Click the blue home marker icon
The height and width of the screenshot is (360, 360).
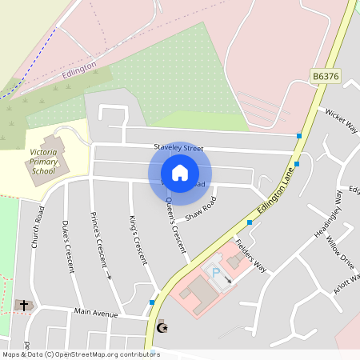(x=180, y=173)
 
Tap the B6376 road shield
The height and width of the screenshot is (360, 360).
(x=326, y=76)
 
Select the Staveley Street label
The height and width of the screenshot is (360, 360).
(x=179, y=148)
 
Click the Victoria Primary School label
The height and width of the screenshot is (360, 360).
(x=44, y=161)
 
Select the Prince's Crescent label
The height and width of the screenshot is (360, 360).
(x=101, y=244)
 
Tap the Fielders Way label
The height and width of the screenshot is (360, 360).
(x=250, y=256)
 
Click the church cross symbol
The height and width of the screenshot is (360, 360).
(x=24, y=305)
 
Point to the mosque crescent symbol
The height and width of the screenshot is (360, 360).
(x=163, y=327)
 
